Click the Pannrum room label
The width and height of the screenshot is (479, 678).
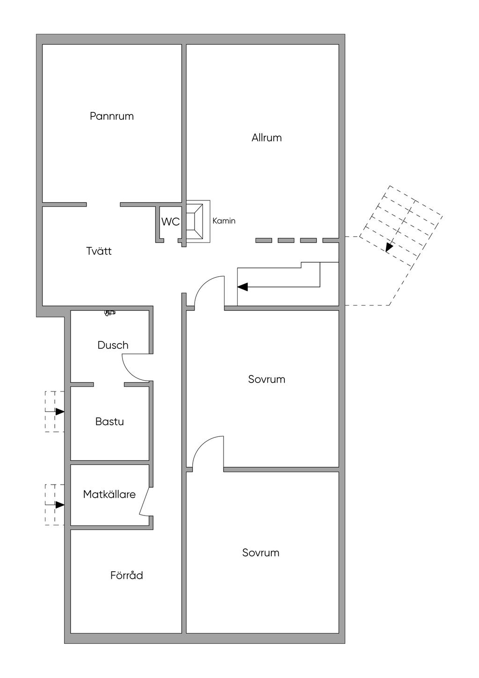[112, 116]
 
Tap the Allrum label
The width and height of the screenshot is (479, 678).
[267, 138]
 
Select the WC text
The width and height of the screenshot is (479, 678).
[170, 222]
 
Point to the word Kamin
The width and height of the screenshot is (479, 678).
[224, 221]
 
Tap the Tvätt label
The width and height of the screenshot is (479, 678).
[99, 251]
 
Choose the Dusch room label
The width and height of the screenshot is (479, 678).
[113, 346]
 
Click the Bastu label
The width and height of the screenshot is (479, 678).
[109, 421]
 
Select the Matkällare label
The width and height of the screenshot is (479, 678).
[109, 494]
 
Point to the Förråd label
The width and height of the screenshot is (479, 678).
[127, 575]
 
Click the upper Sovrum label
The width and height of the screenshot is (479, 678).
[267, 379]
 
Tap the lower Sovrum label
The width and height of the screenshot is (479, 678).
[261, 553]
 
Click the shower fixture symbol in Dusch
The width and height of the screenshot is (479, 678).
[110, 312]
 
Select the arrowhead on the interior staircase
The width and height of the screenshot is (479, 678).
[243, 287]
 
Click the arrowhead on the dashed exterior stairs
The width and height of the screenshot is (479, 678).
[389, 247]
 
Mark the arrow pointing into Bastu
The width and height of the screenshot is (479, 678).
[59, 412]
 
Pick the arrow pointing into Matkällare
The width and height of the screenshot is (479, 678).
[59, 505]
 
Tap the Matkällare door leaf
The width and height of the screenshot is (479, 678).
[145, 501]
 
